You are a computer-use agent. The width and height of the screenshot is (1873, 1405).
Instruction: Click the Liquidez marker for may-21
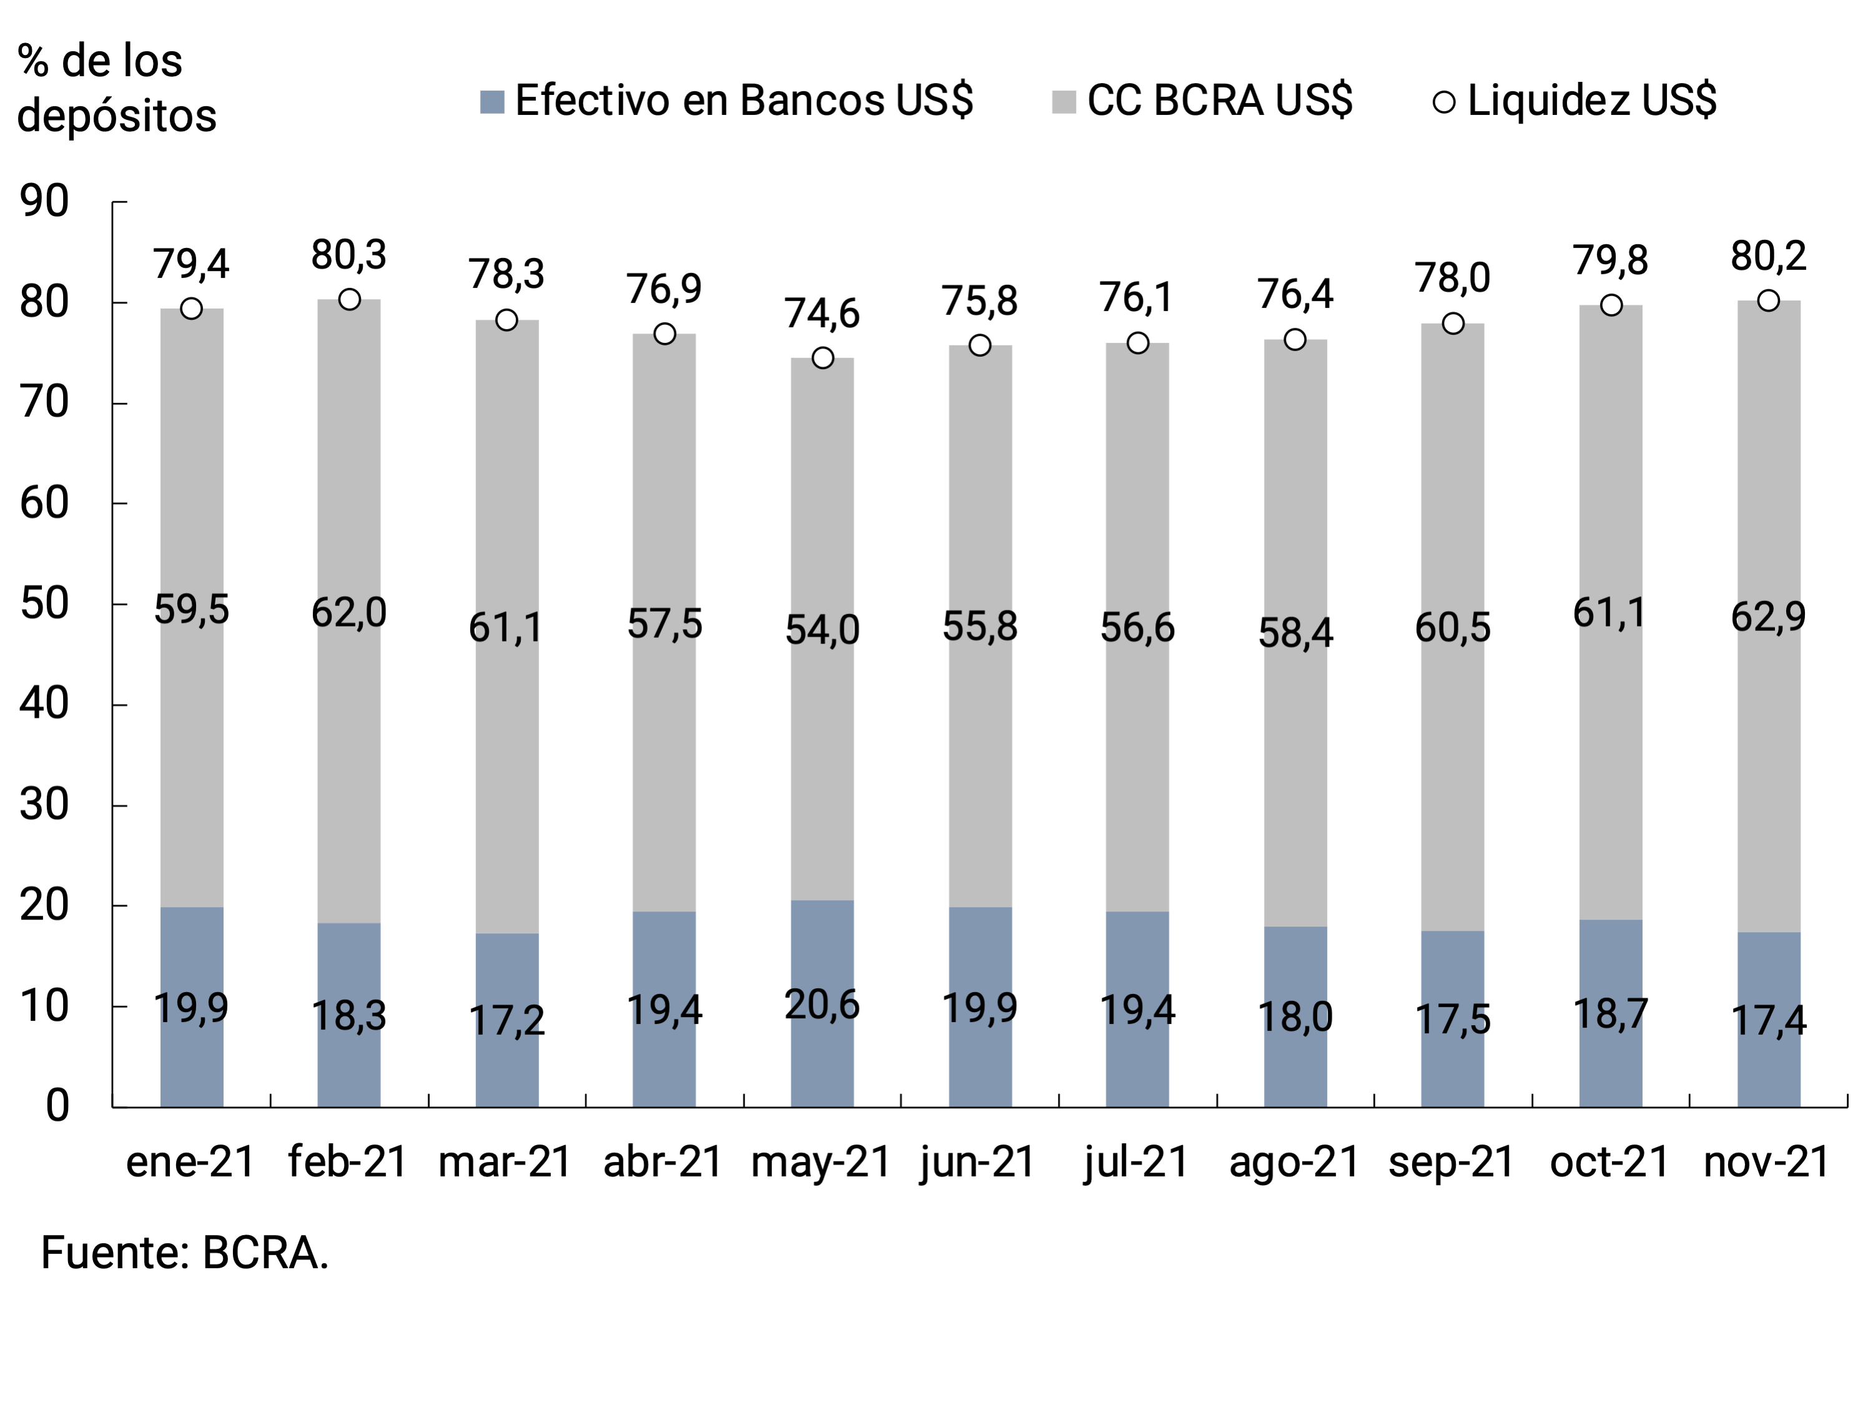(822, 358)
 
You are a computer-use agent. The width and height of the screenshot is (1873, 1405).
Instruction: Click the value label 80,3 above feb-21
(349, 255)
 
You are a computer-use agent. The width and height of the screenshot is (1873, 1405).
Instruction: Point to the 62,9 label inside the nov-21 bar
(1768, 617)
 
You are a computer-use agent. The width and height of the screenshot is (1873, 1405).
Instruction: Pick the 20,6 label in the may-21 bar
(822, 1005)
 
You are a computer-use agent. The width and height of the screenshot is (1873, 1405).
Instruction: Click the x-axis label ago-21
(1295, 1161)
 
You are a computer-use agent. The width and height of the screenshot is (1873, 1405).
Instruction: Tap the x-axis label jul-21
(1136, 1161)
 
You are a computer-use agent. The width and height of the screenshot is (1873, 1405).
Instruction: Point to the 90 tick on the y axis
(45, 202)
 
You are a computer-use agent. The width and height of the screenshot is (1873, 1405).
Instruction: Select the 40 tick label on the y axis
(45, 704)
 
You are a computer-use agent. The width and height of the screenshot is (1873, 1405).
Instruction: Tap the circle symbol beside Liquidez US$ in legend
(1444, 102)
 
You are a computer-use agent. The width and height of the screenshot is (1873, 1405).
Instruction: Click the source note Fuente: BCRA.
(185, 1253)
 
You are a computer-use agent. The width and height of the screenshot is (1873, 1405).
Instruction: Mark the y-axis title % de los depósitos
(116, 88)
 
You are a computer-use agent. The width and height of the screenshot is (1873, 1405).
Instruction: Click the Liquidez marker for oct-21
(1611, 305)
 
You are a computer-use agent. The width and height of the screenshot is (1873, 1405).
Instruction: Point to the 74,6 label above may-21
(822, 314)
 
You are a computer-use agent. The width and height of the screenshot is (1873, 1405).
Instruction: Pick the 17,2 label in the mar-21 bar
(507, 1021)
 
